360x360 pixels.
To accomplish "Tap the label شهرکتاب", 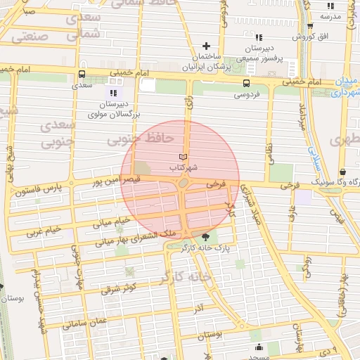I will tap(184, 169).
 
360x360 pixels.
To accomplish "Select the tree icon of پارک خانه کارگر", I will tap(205, 237).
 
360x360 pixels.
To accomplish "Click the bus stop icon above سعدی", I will tap(82, 74).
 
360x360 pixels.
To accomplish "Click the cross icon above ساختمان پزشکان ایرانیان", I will tap(205, 46).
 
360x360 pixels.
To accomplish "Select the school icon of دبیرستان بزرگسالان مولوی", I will tap(113, 92).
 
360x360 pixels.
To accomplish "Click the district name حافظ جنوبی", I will tap(141, 140).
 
